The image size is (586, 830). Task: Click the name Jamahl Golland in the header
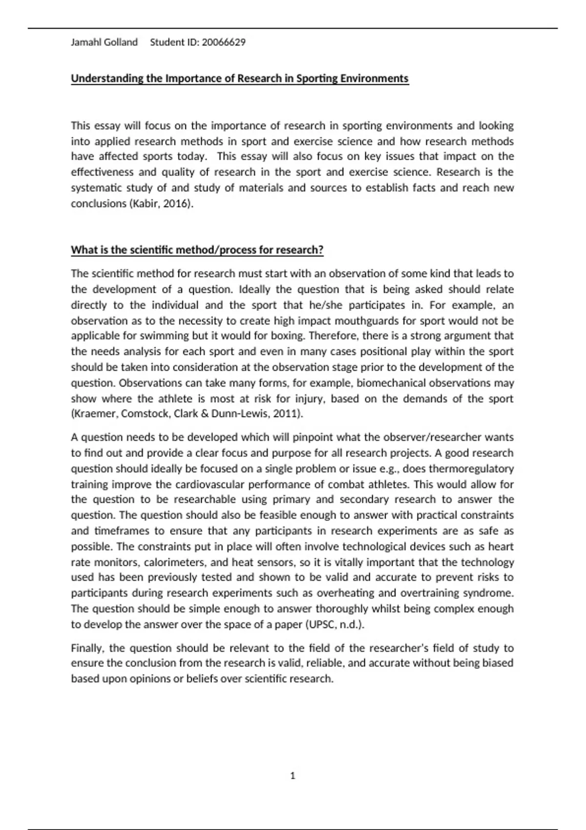click(104, 42)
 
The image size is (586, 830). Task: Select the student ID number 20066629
click(224, 42)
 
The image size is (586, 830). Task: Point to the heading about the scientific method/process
click(197, 250)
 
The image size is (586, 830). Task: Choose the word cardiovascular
click(209, 484)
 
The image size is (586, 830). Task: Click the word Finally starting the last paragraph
click(87, 648)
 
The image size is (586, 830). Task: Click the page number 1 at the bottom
click(293, 776)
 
